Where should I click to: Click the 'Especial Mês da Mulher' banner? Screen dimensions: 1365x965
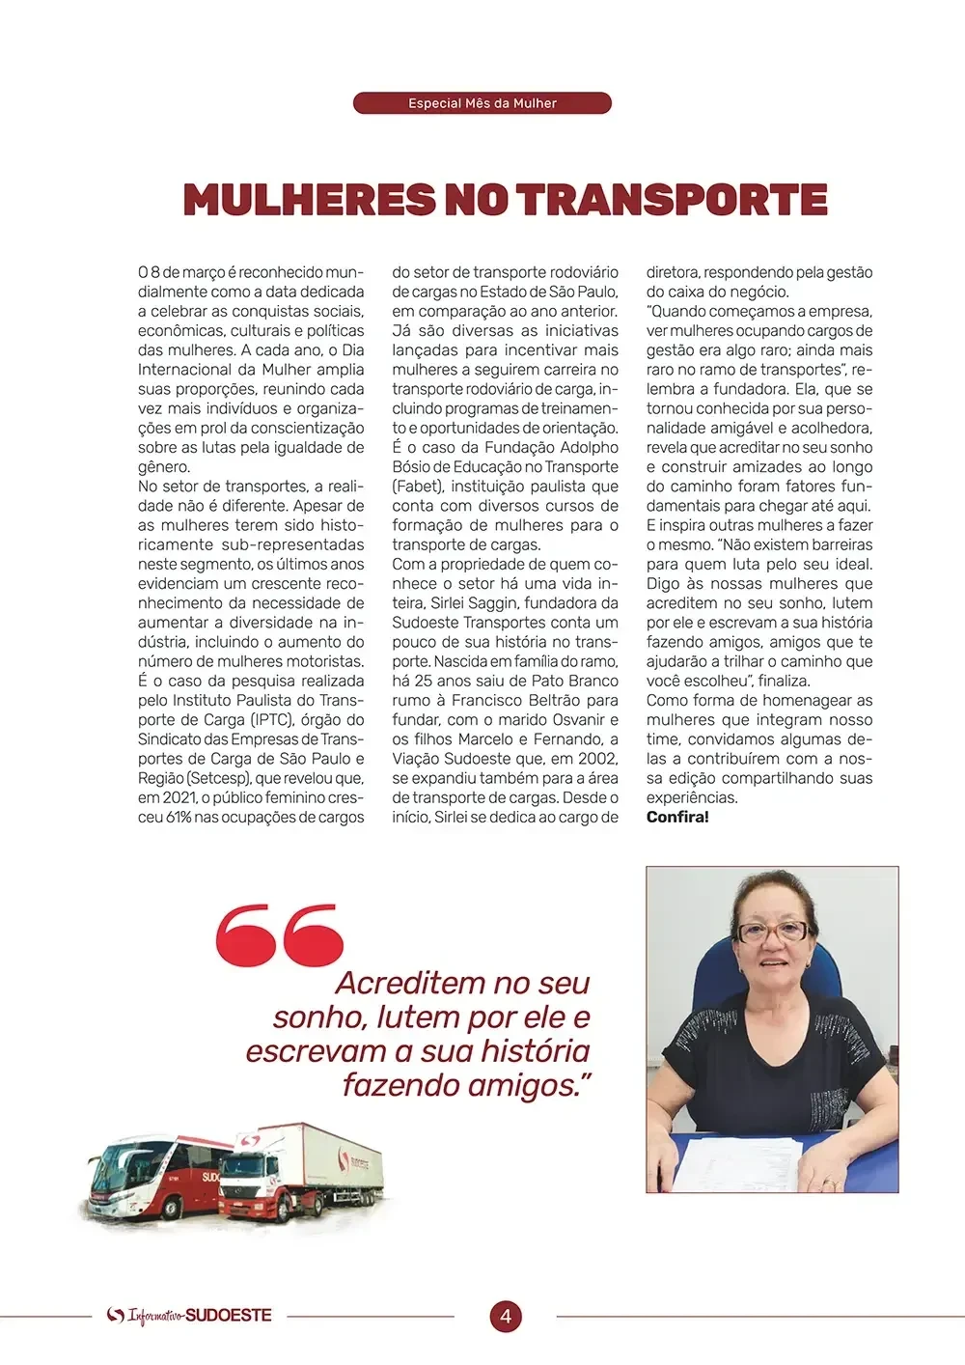[x=482, y=103]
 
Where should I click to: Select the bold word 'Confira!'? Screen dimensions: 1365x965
[x=677, y=818]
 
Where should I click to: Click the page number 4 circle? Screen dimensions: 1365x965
[x=505, y=1316]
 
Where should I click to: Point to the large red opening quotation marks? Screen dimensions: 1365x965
[x=280, y=934]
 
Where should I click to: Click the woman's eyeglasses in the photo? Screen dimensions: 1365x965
[x=773, y=932]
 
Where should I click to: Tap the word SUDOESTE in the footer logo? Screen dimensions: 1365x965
[x=228, y=1316]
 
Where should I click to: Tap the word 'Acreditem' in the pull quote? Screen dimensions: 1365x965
[x=409, y=984]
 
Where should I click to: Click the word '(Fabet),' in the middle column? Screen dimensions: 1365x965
[x=418, y=487]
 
